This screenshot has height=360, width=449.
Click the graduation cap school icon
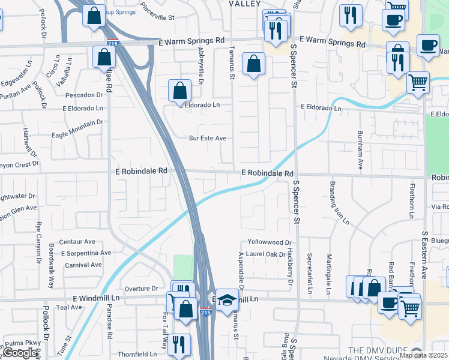228,301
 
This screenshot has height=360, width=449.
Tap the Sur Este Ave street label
208,138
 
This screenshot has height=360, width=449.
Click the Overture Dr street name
141,288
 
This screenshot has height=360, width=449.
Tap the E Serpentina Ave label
86,253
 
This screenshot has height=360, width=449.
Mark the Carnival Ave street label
83,265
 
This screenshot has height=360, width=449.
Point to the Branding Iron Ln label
339,202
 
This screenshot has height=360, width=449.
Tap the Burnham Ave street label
360,150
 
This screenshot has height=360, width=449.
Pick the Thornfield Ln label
137,354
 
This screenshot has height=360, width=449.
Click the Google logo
20,353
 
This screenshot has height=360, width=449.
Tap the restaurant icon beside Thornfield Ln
178,344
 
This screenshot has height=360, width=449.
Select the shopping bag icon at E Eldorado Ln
179,91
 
